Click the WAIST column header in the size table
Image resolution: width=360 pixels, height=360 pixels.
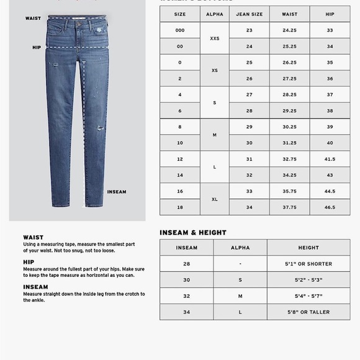point(289,14)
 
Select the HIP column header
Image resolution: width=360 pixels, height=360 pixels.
point(330,14)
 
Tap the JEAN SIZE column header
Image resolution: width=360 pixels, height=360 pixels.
point(249,14)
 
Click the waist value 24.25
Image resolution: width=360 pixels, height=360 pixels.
point(289,30)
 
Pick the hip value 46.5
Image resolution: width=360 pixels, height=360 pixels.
point(330,207)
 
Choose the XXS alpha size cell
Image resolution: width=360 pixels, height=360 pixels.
point(215,38)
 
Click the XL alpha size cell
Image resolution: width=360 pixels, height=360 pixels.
point(215,199)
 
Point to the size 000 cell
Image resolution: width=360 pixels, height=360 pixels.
point(179,30)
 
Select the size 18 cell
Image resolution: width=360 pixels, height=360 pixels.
point(179,207)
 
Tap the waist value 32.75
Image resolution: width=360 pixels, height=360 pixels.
point(289,159)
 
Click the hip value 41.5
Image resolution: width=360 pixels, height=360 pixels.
point(330,159)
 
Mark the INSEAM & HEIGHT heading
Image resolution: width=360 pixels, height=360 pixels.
point(193,233)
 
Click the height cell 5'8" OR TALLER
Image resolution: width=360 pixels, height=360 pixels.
point(308,312)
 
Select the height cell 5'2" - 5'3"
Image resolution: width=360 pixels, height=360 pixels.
point(308,280)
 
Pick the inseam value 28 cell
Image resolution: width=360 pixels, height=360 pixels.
point(186,264)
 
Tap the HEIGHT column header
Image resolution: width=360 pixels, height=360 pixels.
point(308,248)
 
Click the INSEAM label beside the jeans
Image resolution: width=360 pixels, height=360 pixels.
point(117,192)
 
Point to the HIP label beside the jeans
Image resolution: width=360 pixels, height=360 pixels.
point(37,47)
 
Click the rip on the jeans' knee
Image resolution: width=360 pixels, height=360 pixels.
point(99,128)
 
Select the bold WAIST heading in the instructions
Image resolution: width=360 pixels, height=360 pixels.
point(33,238)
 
